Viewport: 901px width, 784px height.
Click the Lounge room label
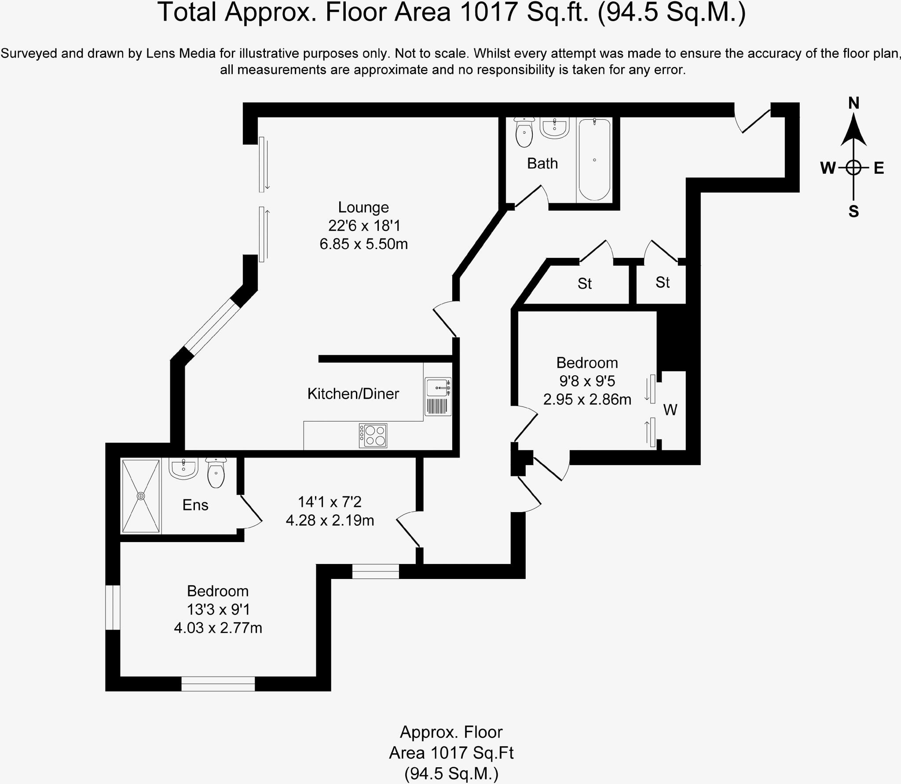pos(363,207)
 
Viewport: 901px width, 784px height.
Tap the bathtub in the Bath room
pos(594,159)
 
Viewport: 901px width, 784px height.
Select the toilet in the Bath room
pos(524,132)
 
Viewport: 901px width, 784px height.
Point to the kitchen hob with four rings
pos(373,436)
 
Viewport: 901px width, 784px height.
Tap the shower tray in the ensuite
pos(141,496)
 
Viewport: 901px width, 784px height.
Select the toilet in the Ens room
pos(216,473)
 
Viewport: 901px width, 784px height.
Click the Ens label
pos(195,505)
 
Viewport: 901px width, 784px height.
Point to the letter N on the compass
pos(853,103)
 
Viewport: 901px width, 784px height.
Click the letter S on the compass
pos(853,212)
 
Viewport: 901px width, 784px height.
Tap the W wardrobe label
pos(670,410)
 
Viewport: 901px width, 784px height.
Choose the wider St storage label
pos(584,284)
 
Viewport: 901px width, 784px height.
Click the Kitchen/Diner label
pos(353,393)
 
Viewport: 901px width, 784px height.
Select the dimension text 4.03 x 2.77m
pos(218,627)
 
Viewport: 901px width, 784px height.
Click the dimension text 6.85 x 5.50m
pos(363,244)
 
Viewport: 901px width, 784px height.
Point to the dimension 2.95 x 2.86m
pos(587,399)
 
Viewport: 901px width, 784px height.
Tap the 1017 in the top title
pos(488,12)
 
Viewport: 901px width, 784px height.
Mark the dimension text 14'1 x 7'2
pos(330,502)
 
